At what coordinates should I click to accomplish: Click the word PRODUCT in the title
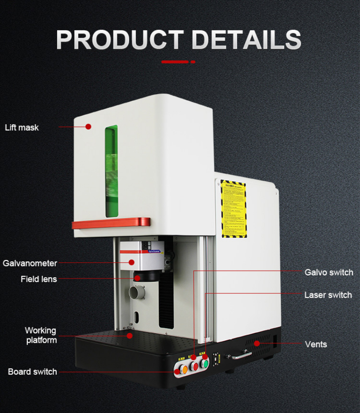point(120,40)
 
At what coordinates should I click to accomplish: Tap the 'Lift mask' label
point(22,127)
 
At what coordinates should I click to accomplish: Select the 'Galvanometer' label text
point(30,263)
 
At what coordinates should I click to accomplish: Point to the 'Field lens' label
point(39,279)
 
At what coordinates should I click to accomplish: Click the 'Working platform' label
point(40,335)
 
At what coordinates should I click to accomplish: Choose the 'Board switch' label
point(32,372)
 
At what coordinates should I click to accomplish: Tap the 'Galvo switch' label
point(329,272)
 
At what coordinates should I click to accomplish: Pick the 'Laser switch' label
point(328,295)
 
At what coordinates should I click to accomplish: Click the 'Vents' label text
point(316,344)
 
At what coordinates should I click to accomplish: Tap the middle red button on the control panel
point(195,366)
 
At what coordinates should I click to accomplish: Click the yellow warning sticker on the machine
point(233,209)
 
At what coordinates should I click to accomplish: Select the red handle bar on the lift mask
point(111,222)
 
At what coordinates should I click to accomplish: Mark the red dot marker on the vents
point(257,344)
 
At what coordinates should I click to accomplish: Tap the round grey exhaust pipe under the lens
point(135,293)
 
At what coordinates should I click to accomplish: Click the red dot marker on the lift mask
point(88,127)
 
